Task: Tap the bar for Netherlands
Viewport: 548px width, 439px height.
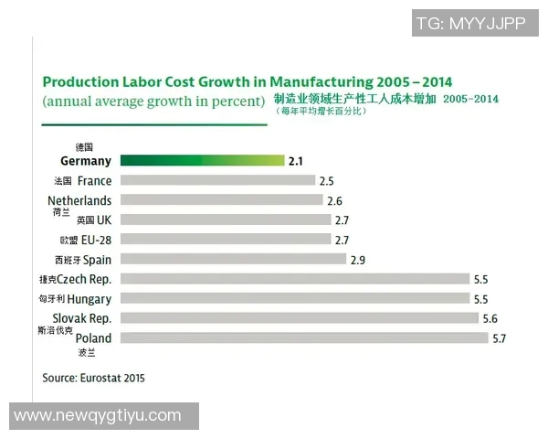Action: [221, 200]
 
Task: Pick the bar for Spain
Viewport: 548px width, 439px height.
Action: [233, 259]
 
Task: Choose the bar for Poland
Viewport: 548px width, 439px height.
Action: [303, 338]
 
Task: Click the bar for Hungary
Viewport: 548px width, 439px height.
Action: [293, 298]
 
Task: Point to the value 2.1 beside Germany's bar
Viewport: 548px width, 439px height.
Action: [295, 162]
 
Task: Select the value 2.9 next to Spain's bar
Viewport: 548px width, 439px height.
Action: [357, 260]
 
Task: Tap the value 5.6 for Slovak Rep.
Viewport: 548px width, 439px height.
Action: [490, 319]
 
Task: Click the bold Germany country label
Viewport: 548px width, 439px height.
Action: [85, 161]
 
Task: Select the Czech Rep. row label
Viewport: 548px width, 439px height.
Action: [84, 279]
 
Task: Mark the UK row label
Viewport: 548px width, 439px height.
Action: [104, 220]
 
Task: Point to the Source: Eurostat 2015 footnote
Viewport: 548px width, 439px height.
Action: [93, 377]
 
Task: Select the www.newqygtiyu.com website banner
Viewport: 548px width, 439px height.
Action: [99, 416]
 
